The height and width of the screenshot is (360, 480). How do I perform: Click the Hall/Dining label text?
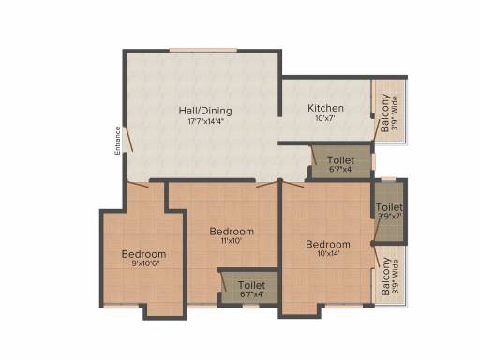point(205,111)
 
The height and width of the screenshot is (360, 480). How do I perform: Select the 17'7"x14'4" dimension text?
point(205,122)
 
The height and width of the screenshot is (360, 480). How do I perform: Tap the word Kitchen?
point(326,108)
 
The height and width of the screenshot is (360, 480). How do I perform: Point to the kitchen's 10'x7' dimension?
point(326,119)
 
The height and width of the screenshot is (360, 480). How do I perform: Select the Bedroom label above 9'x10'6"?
point(143,254)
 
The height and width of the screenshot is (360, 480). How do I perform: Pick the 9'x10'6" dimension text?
point(143,264)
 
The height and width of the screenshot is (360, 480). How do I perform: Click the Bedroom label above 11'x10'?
point(231,231)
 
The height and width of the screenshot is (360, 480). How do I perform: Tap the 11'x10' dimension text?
point(231,241)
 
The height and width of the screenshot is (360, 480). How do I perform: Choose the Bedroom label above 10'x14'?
point(328,245)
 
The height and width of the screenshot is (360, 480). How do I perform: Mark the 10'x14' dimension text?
point(328,255)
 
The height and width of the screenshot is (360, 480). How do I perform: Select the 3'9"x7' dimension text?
point(388,217)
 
